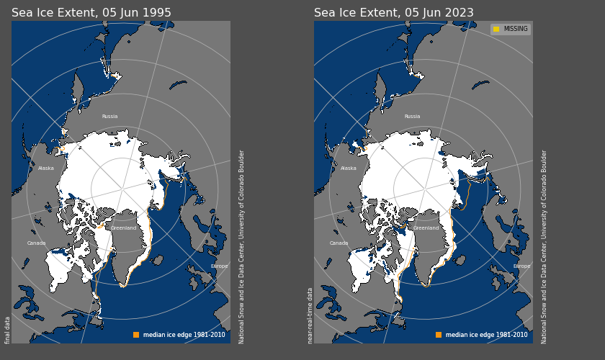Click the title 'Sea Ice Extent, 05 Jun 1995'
[x=91, y=13]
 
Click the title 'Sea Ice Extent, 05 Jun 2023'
[x=394, y=13]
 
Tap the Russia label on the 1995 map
[x=109, y=117]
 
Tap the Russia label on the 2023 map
[x=412, y=117]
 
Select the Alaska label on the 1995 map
[x=46, y=168]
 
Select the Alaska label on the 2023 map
[x=349, y=168]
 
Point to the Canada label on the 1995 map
[x=37, y=243]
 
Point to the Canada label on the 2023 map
[x=339, y=243]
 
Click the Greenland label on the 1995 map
[x=123, y=228]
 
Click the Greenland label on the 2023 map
[x=426, y=228]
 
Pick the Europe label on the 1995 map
[x=219, y=266]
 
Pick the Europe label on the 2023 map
[x=521, y=266]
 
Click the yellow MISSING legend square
[x=496, y=30]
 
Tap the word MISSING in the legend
[x=516, y=30]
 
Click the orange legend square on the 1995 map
[x=136, y=335]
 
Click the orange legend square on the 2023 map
[x=439, y=335]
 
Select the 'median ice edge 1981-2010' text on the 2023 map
[x=486, y=335]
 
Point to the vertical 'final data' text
[x=8, y=330]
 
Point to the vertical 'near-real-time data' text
[x=310, y=315]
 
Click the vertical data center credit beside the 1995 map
[x=242, y=246]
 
